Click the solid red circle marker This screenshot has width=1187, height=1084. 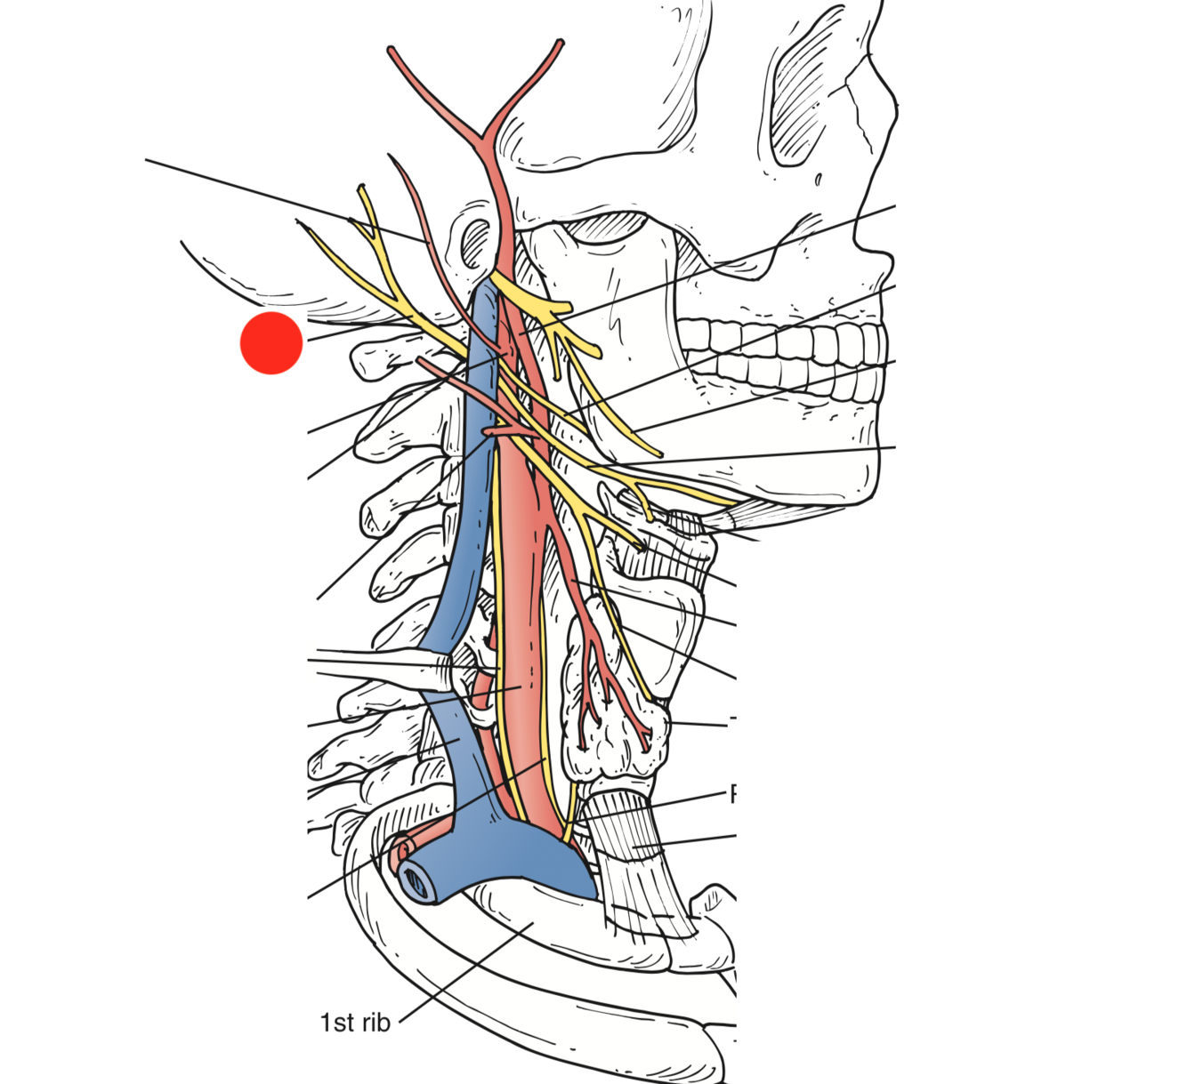(271, 343)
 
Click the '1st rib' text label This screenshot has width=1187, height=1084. (355, 1023)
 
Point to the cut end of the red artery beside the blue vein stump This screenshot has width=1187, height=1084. (397, 848)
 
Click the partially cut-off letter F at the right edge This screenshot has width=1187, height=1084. (734, 794)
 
